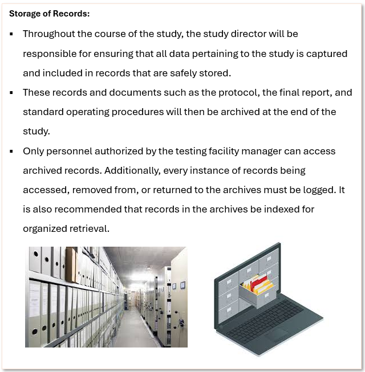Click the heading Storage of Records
(49, 13)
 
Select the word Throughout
(48, 34)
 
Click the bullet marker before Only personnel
(11, 152)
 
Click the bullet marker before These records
(11, 93)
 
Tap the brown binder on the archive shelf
(71, 265)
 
